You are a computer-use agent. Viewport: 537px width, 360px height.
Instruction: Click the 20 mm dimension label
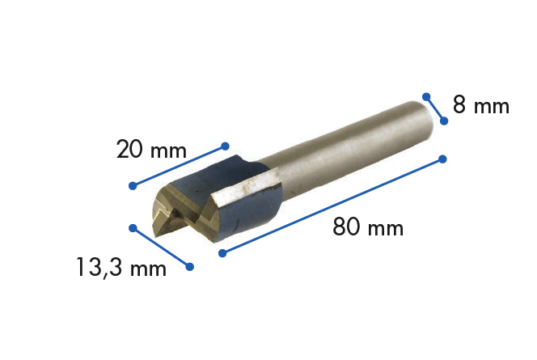click(151, 150)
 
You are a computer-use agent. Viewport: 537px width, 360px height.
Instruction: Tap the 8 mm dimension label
click(480, 106)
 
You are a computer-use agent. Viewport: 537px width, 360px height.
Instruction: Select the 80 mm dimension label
click(368, 227)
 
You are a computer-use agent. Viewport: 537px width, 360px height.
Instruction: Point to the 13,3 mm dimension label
click(121, 267)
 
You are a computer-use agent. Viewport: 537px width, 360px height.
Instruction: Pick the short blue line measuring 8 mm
click(434, 109)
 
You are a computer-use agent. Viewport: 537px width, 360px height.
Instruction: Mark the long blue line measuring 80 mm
click(332, 206)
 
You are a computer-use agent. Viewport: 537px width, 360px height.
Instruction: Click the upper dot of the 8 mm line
click(425, 97)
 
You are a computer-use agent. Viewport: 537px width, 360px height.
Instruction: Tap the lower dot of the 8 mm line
click(443, 121)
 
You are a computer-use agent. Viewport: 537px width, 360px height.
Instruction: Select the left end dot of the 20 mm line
click(133, 186)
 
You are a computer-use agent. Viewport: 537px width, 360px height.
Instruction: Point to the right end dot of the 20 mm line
click(223, 146)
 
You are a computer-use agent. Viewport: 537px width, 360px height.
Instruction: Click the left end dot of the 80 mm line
click(222, 253)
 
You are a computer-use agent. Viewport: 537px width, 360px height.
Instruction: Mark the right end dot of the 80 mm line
click(442, 159)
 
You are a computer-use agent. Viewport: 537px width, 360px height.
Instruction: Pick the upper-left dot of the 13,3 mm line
click(133, 227)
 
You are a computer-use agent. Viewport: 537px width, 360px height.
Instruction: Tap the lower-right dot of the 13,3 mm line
click(191, 266)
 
